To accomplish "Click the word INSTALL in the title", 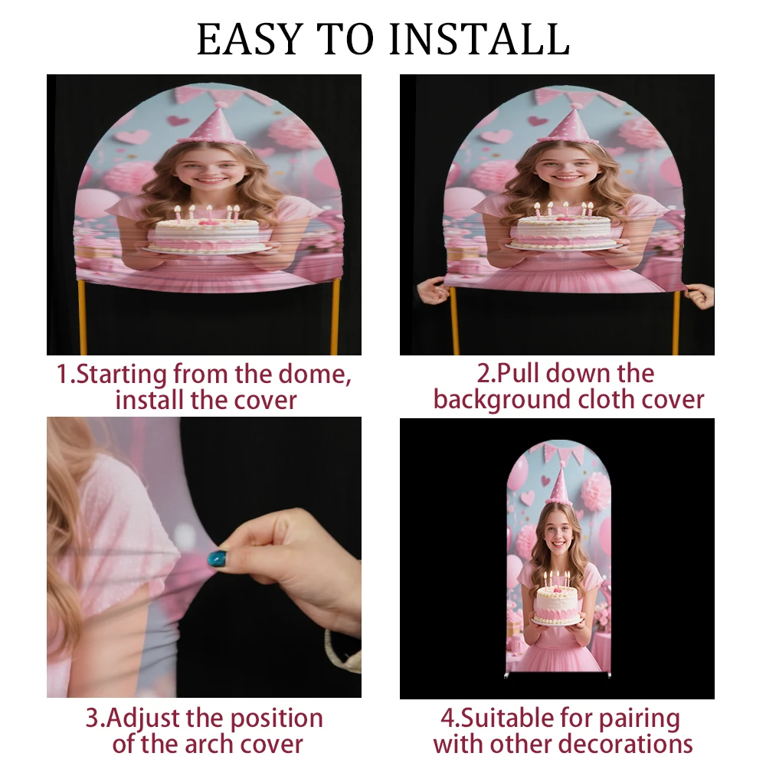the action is [x=480, y=39].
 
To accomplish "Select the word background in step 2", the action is [x=502, y=401].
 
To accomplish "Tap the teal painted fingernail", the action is [x=218, y=558].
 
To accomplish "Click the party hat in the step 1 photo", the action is [x=211, y=125].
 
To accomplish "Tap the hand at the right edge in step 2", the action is [x=699, y=296].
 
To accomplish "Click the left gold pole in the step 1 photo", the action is [x=82, y=318].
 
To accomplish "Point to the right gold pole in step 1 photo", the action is [x=336, y=318].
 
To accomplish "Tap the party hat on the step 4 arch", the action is [x=560, y=483].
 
